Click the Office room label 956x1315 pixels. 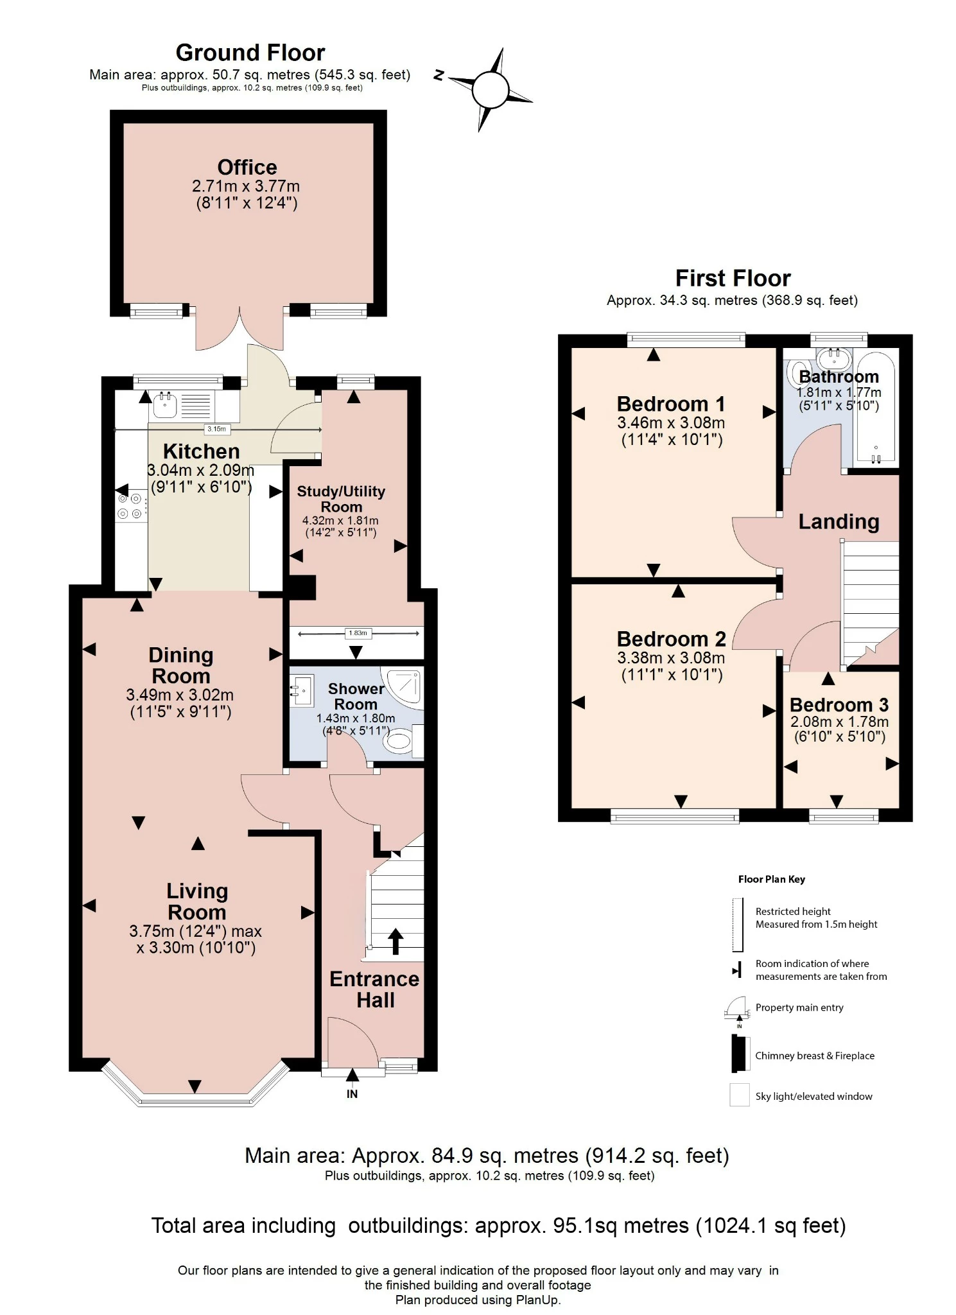coord(247,167)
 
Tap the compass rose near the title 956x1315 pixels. coord(491,89)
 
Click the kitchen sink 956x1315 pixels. coord(165,405)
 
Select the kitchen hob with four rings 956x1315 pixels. coord(129,506)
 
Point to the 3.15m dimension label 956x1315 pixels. coord(216,429)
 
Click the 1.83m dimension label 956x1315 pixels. coord(357,633)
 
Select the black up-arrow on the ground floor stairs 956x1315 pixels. coord(395,941)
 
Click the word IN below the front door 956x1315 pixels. coord(352,1094)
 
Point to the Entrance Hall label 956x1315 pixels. coord(374,989)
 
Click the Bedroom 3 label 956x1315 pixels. coord(839,705)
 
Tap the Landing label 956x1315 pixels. coord(839,521)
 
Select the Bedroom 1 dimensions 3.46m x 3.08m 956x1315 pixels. coord(671,423)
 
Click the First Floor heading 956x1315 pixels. coord(733,278)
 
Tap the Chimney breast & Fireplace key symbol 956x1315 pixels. coord(740,1054)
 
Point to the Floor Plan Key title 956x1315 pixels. coord(771,879)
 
